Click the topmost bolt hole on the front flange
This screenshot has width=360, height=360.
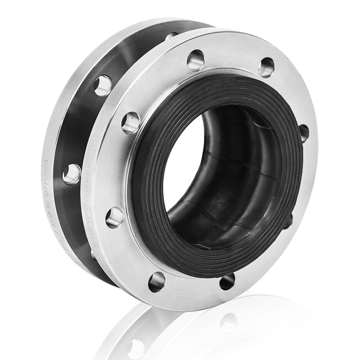coord(195,60)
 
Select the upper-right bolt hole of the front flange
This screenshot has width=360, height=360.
coord(266,67)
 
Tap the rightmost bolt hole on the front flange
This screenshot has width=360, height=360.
coord(303,133)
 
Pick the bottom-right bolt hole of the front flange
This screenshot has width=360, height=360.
coord(227,281)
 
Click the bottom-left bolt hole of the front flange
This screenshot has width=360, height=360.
coord(157,282)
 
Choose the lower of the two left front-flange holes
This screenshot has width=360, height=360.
coord(114,217)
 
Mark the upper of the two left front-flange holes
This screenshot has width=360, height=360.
coord(131,122)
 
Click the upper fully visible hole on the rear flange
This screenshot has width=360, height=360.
coord(103,85)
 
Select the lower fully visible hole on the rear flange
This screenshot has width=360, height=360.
coord(72,174)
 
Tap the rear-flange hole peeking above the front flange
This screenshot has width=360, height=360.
coord(171,36)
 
